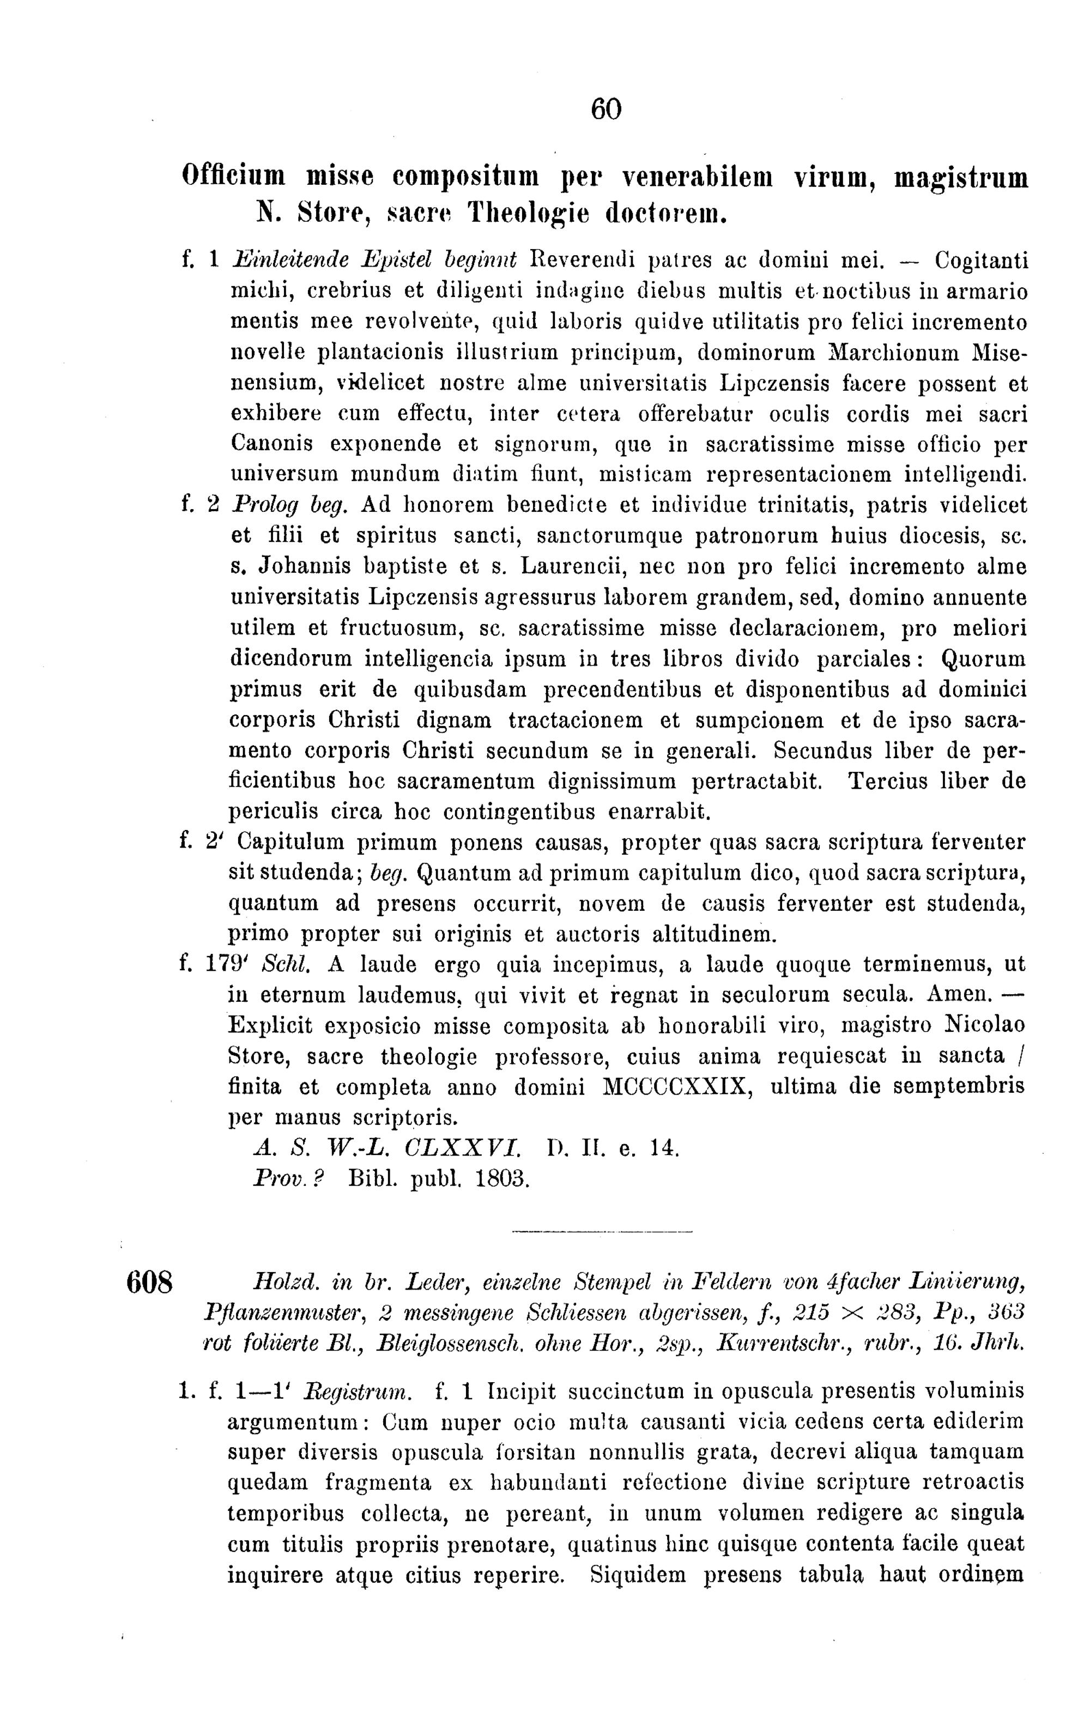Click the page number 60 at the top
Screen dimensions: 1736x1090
point(605,110)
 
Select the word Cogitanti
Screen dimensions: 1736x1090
point(981,259)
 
